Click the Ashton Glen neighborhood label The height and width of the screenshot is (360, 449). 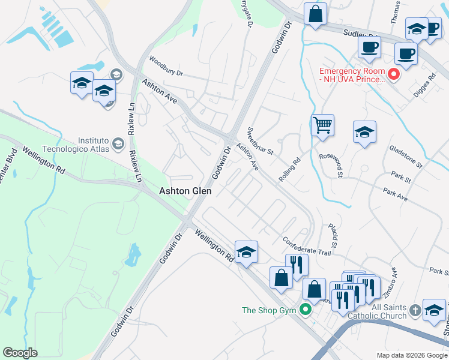pos(185,191)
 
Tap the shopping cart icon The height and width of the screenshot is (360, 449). pos(323,126)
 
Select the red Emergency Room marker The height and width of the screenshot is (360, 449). pos(394,74)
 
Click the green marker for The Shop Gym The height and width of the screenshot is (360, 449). pos(306,310)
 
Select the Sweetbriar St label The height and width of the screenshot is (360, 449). pos(261,141)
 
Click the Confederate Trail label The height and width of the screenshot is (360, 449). pos(307,245)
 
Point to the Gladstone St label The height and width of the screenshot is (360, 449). pos(406,156)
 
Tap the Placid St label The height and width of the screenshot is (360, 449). pos(333,235)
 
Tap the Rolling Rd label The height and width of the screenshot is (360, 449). pos(289,170)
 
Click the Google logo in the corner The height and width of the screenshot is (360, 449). pos(20,353)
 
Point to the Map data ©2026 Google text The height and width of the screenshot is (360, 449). pos(411,355)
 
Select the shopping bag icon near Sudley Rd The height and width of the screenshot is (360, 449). pos(315,13)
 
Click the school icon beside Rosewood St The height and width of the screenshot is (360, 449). pos(364,132)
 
